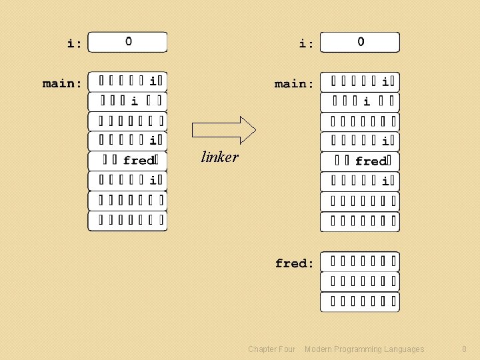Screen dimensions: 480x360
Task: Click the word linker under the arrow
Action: tap(219, 157)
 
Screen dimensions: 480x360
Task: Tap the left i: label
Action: tap(75, 44)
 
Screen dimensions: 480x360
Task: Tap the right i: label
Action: tap(307, 44)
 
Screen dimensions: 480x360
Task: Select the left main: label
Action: tap(63, 83)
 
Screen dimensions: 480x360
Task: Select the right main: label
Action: tap(295, 84)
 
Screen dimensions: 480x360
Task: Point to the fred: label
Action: tap(295, 263)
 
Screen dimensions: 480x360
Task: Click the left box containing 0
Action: tap(128, 42)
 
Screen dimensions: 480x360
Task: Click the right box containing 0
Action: tap(360, 42)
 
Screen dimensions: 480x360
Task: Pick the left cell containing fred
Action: tap(128, 161)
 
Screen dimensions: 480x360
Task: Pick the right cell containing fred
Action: tap(360, 161)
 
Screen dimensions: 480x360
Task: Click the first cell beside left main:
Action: tap(128, 81)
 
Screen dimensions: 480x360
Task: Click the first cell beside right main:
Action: tap(360, 82)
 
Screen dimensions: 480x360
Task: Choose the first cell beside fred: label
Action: tap(360, 261)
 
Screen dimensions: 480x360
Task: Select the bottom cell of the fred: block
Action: tap(360, 302)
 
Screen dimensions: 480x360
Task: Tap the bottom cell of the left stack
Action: tap(128, 221)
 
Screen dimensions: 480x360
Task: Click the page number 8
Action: tap(464, 349)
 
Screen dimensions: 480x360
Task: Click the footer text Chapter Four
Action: tap(271, 349)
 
